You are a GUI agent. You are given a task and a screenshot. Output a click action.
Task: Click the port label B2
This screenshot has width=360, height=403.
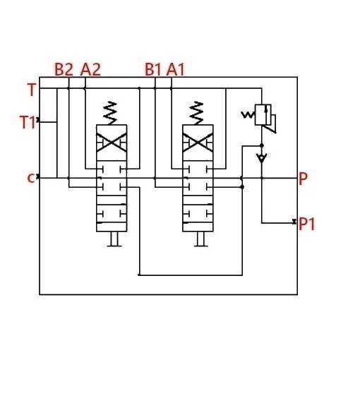64,69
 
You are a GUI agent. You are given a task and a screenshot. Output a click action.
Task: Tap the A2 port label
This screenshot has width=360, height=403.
90,69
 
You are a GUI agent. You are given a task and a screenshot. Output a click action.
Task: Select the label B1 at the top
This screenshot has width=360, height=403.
153,69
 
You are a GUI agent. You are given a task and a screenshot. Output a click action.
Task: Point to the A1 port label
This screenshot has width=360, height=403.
176,69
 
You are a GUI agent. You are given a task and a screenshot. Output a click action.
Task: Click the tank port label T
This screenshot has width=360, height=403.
32,90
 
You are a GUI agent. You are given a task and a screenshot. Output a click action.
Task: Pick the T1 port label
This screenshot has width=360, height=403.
28,122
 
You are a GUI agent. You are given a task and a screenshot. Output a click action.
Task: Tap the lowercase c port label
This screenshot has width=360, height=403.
31,178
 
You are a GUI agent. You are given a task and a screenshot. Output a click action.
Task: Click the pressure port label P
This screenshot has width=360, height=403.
303,179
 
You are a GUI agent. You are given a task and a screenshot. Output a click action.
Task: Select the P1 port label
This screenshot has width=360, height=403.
307,224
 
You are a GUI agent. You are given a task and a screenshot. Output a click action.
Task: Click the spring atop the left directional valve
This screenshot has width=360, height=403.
110,113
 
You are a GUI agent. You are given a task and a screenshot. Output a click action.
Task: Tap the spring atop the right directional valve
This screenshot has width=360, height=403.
196,113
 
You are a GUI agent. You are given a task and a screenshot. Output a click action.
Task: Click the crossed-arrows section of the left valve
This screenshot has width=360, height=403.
112,143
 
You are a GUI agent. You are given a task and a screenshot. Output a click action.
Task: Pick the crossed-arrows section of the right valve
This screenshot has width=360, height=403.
198,143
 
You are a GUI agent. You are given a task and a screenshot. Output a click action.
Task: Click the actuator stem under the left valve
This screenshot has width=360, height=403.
114,239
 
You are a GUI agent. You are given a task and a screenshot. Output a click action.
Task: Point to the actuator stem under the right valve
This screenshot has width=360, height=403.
201,239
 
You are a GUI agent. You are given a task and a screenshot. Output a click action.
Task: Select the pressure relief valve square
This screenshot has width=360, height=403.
263,114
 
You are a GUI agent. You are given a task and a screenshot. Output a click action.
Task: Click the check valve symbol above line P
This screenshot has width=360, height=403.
262,157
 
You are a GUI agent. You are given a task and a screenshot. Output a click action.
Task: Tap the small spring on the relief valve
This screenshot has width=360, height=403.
248,114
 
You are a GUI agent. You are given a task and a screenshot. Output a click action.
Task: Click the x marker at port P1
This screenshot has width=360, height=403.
294,222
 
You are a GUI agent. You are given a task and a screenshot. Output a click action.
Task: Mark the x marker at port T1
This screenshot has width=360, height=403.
38,120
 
